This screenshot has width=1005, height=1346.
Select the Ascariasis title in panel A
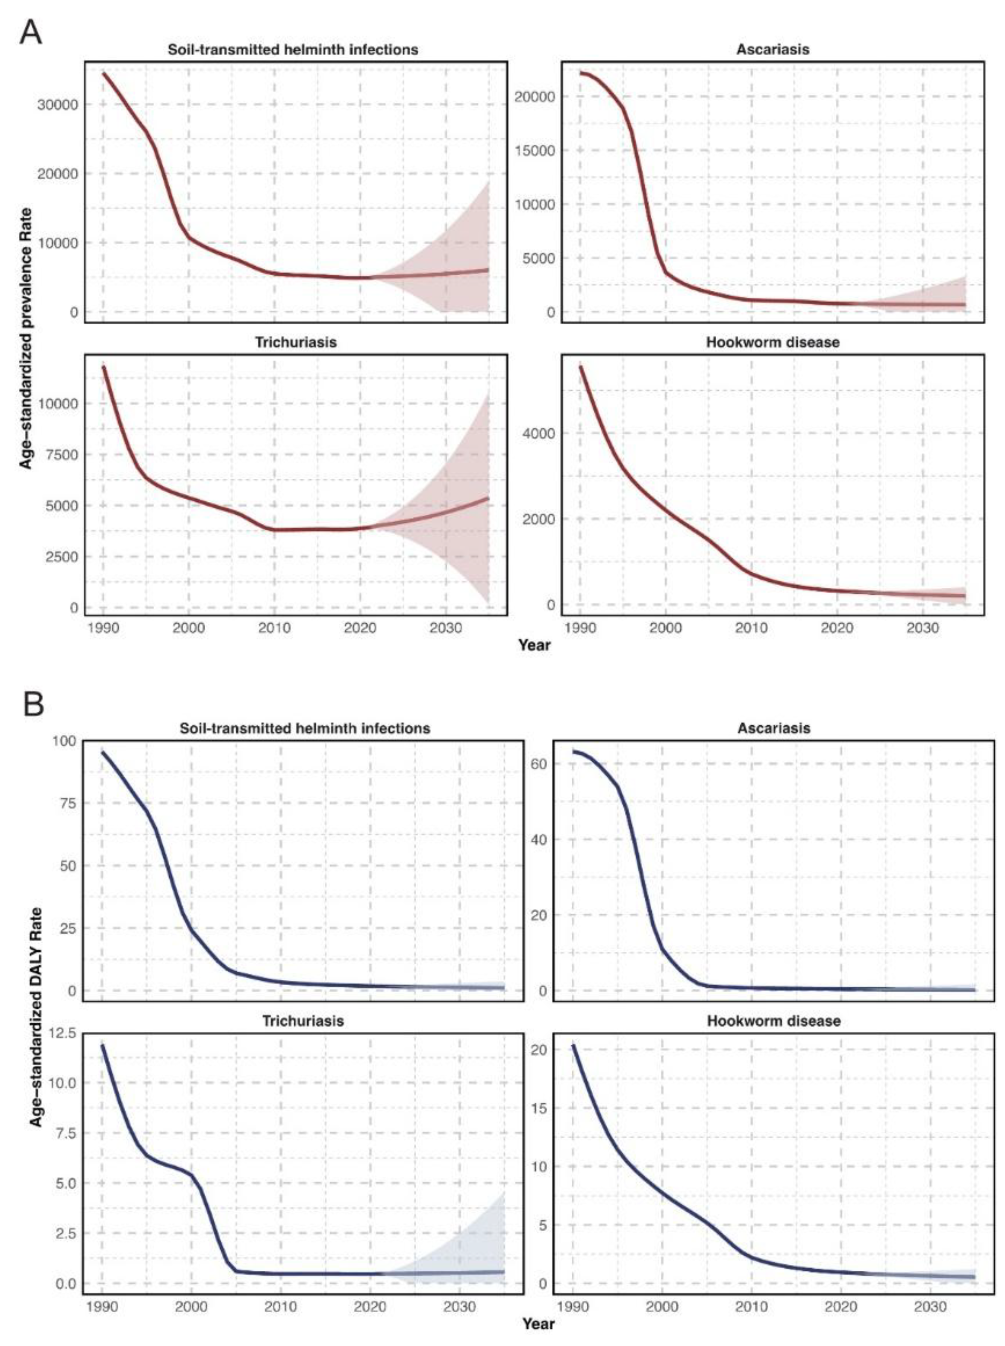(773, 49)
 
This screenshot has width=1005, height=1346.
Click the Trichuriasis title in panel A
(295, 342)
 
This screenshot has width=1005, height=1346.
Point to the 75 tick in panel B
(63, 803)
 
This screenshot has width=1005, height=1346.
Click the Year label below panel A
(534, 645)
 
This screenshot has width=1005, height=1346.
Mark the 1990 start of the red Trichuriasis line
(104, 367)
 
